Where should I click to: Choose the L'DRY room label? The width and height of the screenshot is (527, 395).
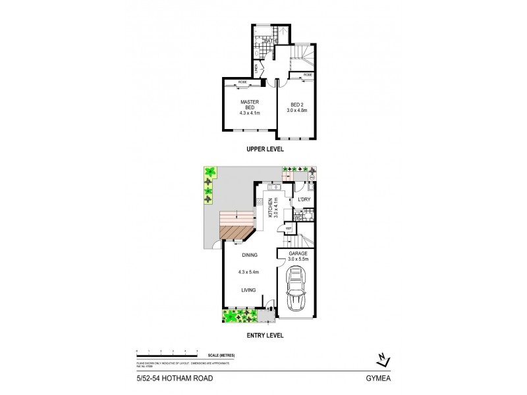pyautogui.click(x=304, y=199)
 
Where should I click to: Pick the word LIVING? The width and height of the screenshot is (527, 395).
pyautogui.click(x=248, y=287)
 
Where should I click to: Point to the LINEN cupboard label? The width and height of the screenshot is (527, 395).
pyautogui.click(x=256, y=68)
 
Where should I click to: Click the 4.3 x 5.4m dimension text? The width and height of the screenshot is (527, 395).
pyautogui.click(x=248, y=271)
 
